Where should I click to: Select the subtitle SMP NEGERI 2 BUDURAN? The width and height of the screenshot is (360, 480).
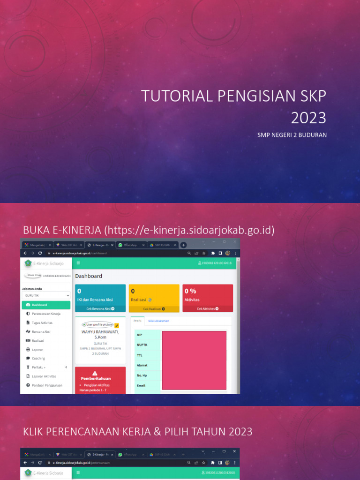click(292, 135)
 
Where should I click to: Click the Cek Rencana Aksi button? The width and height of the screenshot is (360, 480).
click(100, 309)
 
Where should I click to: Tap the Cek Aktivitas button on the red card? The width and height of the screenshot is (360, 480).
click(208, 309)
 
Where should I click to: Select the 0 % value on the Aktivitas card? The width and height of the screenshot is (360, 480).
click(190, 291)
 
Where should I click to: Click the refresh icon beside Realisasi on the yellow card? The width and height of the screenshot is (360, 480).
click(150, 300)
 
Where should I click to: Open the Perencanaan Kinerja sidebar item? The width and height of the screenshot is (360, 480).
click(46, 314)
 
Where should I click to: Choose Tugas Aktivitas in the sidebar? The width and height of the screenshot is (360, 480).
click(42, 322)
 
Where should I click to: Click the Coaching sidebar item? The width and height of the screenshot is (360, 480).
click(38, 358)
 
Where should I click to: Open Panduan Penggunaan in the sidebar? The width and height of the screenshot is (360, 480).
click(46, 385)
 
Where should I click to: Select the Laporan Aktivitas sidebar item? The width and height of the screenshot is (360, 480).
click(44, 376)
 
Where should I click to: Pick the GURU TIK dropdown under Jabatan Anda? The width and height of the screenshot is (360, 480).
click(46, 295)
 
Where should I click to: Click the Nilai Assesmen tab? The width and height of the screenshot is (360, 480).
click(158, 321)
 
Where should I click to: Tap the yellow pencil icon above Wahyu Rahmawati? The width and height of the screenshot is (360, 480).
click(117, 325)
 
